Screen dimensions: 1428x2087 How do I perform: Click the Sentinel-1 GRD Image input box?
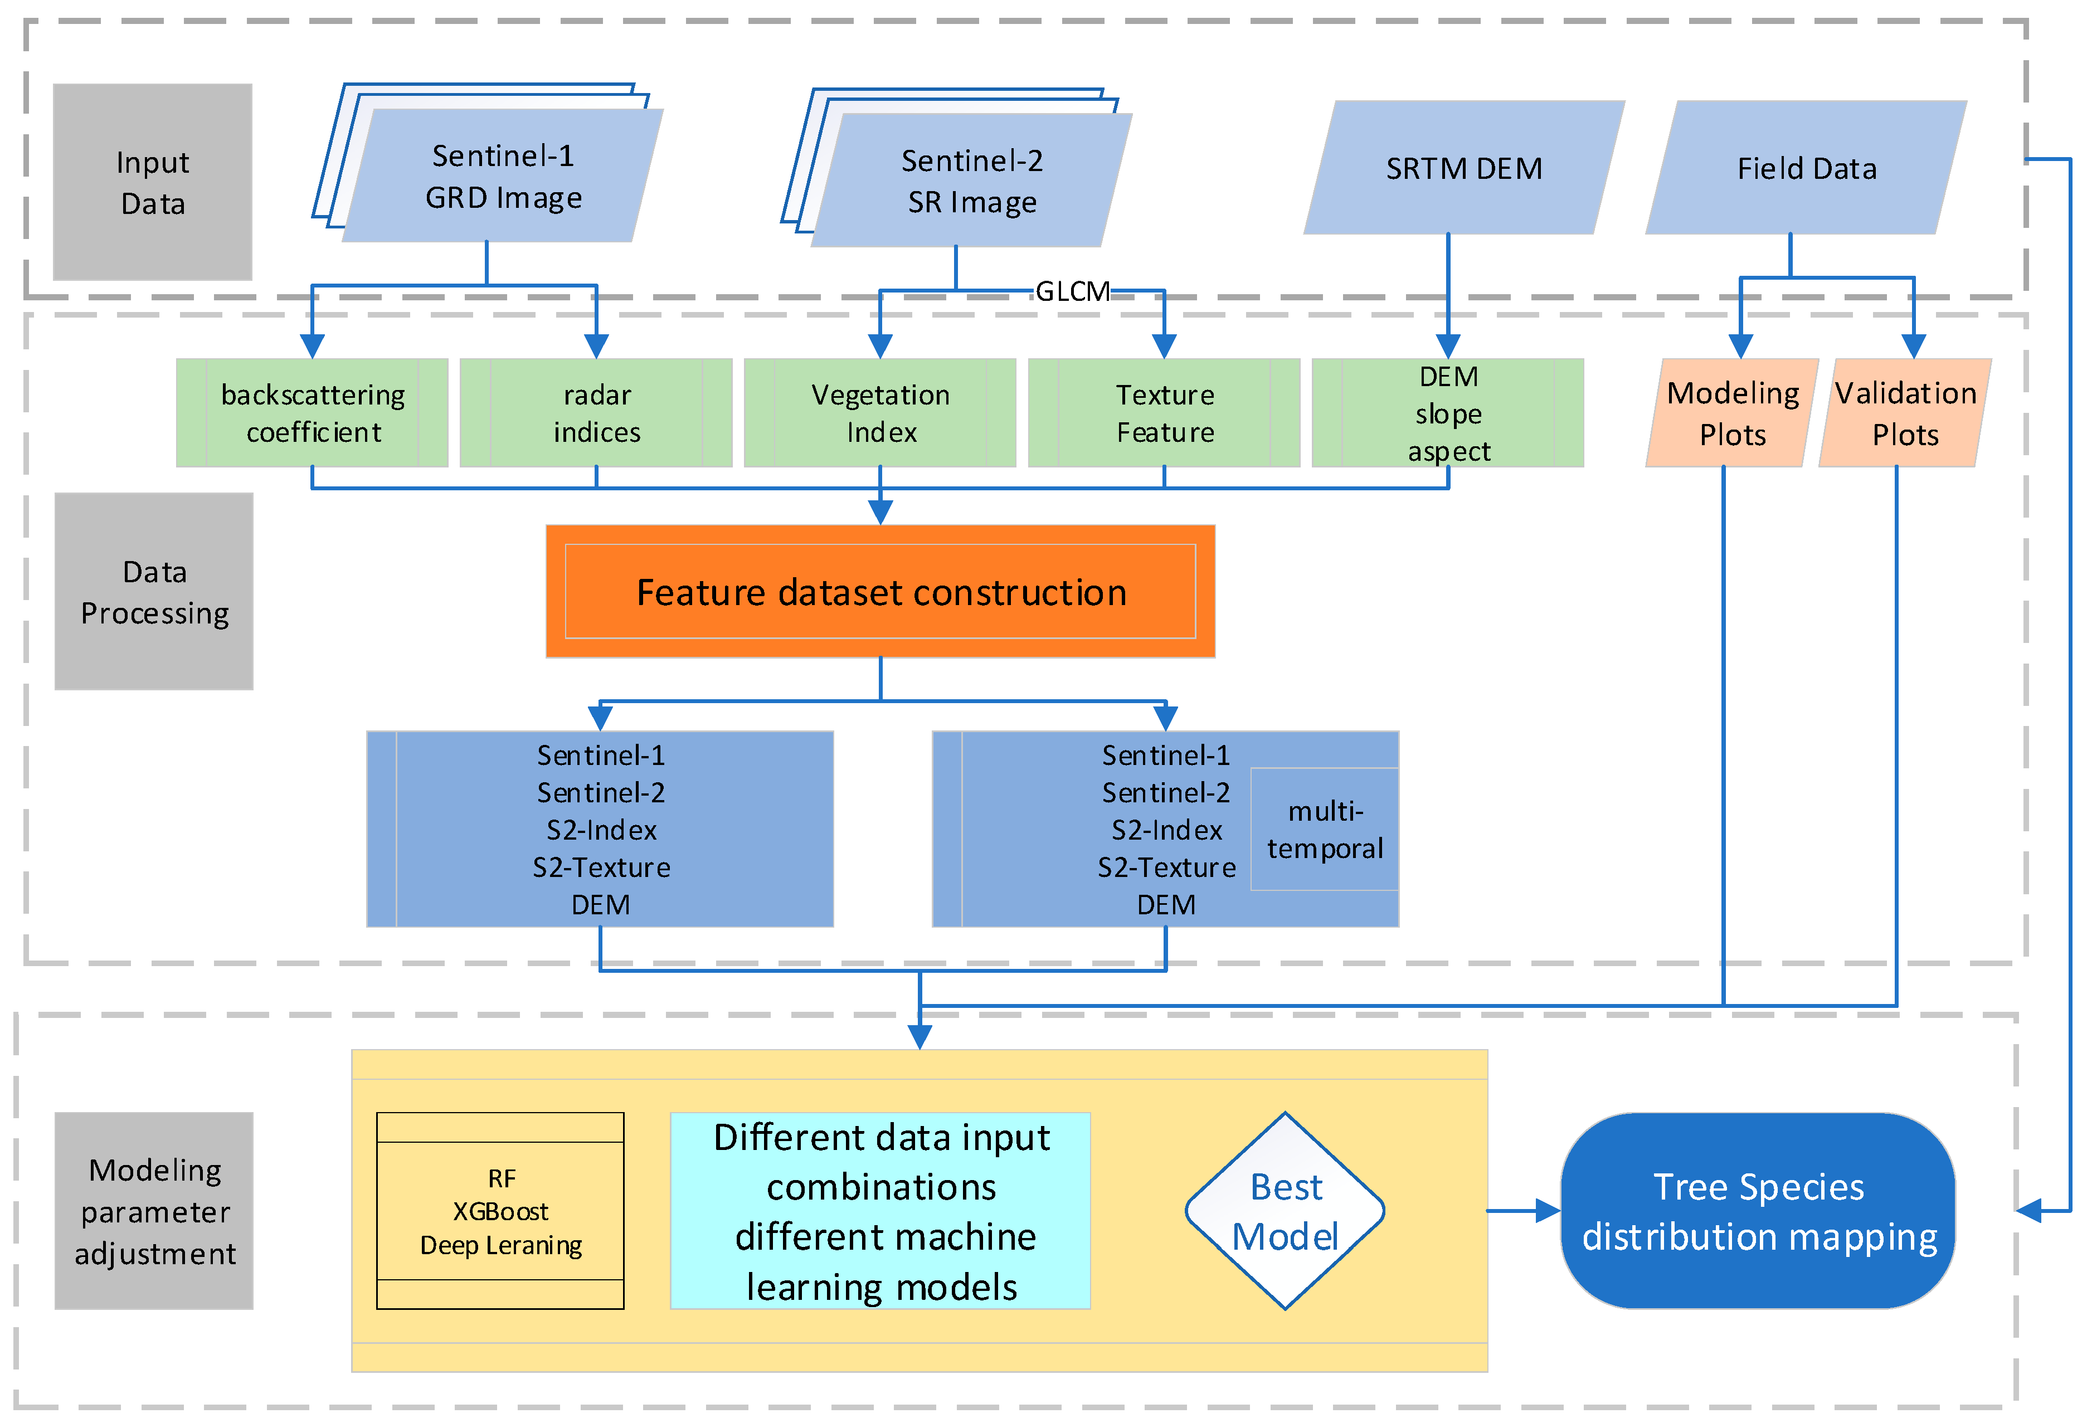pyautogui.click(x=503, y=176)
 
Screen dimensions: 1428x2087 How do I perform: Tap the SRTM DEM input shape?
pyautogui.click(x=1464, y=168)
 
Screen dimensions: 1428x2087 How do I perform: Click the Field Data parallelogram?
pyautogui.click(x=1806, y=168)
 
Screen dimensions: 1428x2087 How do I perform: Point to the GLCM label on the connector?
pyautogui.click(x=1072, y=291)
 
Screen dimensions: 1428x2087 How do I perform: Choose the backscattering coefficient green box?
pyautogui.click(x=313, y=413)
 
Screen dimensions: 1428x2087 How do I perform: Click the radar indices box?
pyautogui.click(x=596, y=413)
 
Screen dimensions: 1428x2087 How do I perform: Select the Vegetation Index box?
pyautogui.click(x=880, y=413)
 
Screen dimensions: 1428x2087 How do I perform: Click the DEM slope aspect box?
pyautogui.click(x=1448, y=413)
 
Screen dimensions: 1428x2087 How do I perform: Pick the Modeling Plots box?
pyautogui.click(x=1731, y=413)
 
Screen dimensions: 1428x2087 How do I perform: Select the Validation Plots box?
pyautogui.click(x=1905, y=413)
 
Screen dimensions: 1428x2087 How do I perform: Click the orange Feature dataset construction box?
pyautogui.click(x=880, y=592)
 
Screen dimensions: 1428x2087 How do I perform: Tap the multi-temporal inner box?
pyautogui.click(x=1325, y=830)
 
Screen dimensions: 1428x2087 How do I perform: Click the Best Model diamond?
pyautogui.click(x=1285, y=1211)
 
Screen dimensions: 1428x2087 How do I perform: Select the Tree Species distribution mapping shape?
pyautogui.click(x=1758, y=1211)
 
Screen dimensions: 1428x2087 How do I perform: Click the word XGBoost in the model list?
pyautogui.click(x=500, y=1212)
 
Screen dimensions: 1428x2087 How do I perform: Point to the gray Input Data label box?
pyautogui.click(x=153, y=182)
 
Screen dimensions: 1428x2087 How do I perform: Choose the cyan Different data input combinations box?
pyautogui.click(x=880, y=1211)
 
